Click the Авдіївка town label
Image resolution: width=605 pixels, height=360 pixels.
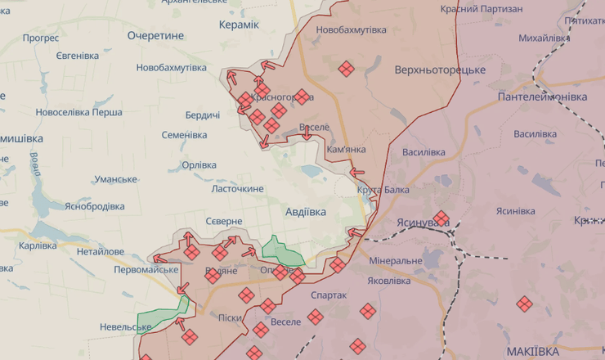coord(305,212)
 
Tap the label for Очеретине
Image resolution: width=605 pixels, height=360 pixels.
coord(155,35)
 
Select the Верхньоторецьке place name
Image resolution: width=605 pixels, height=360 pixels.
coord(440,70)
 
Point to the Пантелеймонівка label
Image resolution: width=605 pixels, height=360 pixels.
coord(542,97)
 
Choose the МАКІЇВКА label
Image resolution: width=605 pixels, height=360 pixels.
coord(532,350)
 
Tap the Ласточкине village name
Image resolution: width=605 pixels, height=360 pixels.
coord(238,188)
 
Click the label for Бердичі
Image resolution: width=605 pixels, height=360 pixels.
coord(202,115)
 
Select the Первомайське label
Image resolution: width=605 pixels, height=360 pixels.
coord(146,270)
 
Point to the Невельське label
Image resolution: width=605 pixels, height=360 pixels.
coord(104,326)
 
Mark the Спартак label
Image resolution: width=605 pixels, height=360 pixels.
coord(329,295)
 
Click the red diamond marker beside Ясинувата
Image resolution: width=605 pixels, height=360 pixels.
coord(441,218)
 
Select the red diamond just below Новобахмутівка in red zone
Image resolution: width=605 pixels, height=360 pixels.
coord(346,69)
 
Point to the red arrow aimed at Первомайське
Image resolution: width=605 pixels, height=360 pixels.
coord(160,259)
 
